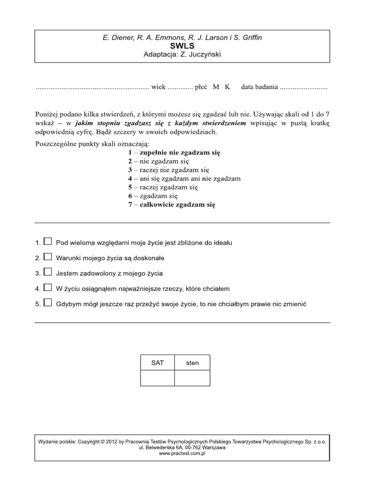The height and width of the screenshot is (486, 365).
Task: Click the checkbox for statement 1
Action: pyautogui.click(x=48, y=242)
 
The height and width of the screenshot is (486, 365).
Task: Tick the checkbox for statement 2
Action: pyautogui.click(x=48, y=257)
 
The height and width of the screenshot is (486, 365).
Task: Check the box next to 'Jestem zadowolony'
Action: pyautogui.click(x=48, y=272)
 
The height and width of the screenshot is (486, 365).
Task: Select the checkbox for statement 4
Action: pyautogui.click(x=48, y=288)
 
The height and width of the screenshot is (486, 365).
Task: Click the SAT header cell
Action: pyautogui.click(x=157, y=363)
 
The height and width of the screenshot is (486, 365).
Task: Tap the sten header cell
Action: pyautogui.click(x=192, y=363)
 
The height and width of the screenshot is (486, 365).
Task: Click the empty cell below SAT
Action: pyautogui.click(x=157, y=378)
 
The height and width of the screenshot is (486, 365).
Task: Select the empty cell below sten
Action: pyautogui.click(x=192, y=378)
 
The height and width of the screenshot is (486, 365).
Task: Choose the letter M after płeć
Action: pyautogui.click(x=216, y=87)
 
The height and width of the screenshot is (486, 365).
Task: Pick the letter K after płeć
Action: pyautogui.click(x=227, y=87)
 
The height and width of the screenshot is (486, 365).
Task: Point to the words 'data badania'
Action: pyautogui.click(x=259, y=87)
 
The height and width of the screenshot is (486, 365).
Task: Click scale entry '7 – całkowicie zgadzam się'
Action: pyautogui.click(x=172, y=205)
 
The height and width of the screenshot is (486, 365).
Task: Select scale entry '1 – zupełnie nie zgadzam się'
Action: pyautogui.click(x=174, y=152)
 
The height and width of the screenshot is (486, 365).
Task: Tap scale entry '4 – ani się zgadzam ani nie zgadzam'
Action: pyautogui.click(x=184, y=178)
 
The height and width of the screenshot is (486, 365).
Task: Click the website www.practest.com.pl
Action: pyautogui.click(x=182, y=453)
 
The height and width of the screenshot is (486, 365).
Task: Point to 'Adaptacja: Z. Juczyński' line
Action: pyautogui.click(x=182, y=55)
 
